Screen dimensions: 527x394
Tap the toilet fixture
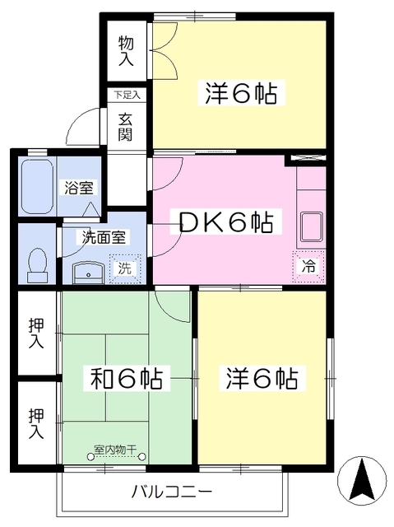(36, 261)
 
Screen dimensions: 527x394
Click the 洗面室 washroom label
(103, 237)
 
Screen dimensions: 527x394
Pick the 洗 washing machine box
(124, 268)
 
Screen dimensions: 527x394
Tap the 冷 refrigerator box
(308, 266)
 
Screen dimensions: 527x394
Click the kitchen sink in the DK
(311, 223)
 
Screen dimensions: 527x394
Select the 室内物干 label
(115, 450)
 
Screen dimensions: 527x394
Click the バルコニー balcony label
(172, 492)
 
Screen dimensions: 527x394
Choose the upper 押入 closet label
(35, 333)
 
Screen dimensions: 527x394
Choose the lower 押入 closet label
(35, 422)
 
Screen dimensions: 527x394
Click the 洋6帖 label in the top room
(239, 91)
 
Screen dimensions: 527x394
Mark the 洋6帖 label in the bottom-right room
(262, 379)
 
